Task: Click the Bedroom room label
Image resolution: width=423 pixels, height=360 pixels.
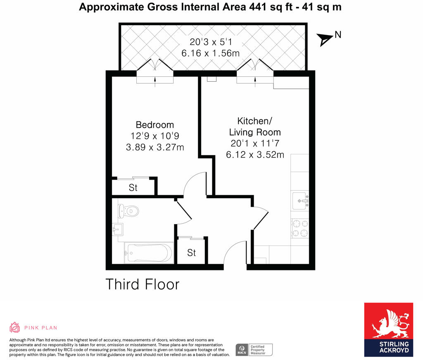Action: [155, 125]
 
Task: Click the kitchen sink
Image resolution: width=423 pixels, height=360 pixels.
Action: [300, 201]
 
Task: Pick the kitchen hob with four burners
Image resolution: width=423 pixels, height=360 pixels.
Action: [300, 228]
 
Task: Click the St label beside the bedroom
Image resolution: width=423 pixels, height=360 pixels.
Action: [133, 188]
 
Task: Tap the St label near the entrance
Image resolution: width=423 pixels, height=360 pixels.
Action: [191, 253]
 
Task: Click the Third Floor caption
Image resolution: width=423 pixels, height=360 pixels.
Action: [143, 284]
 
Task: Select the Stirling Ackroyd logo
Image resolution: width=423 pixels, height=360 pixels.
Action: [388, 329]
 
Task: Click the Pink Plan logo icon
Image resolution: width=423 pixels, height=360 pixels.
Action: [15, 327]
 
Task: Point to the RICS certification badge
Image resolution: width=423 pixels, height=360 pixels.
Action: [254, 350]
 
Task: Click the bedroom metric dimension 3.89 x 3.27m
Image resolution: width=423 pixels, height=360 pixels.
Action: [155, 147]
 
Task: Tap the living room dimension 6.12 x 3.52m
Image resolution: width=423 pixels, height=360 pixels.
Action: [255, 155]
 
